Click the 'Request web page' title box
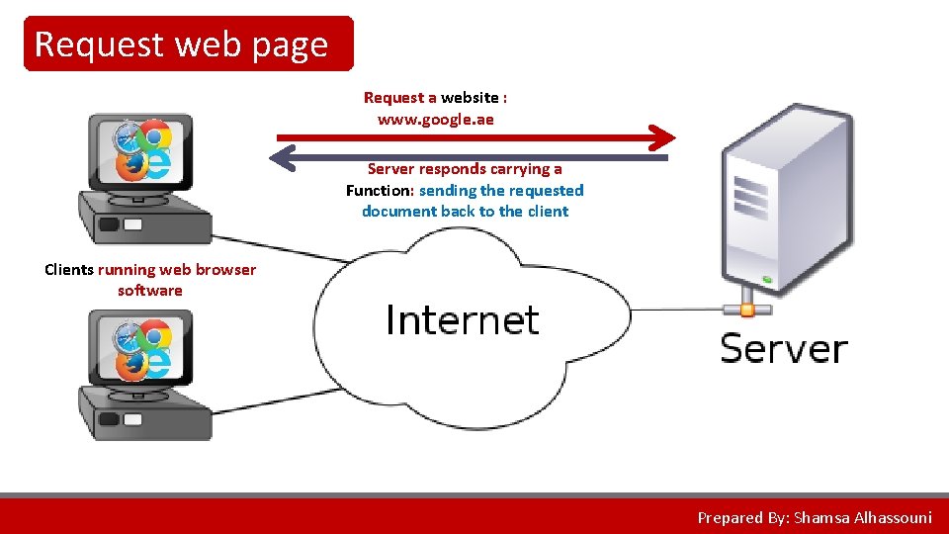point(188,44)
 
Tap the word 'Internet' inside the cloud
point(462,320)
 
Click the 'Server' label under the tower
point(784,349)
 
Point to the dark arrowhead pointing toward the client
point(284,157)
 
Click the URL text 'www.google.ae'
point(435,120)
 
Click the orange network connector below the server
point(747,310)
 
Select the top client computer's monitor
point(140,150)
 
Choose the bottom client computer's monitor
point(140,347)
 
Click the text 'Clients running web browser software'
point(150,280)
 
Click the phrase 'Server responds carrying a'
point(465,169)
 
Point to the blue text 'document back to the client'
point(465,212)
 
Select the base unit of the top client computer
point(145,219)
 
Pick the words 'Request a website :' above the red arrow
point(435,97)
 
